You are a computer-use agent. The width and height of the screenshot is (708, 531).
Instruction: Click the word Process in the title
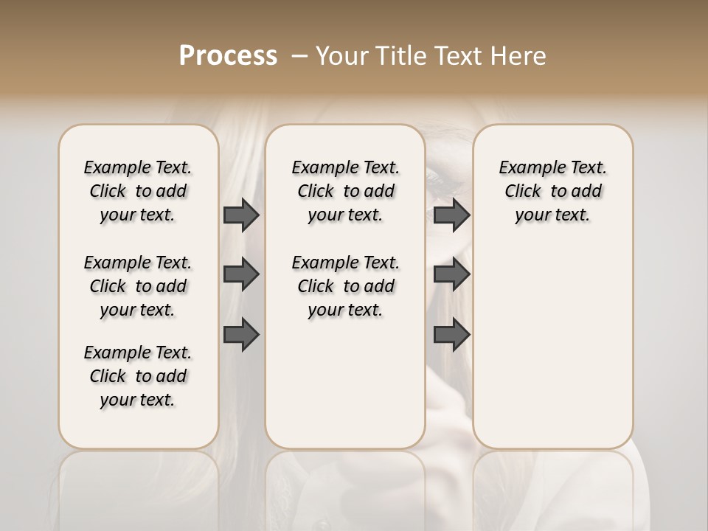coord(228,55)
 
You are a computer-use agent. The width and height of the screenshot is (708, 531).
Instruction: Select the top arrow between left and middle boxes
coord(241,215)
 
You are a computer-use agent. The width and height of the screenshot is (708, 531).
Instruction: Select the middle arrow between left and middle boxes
coord(241,274)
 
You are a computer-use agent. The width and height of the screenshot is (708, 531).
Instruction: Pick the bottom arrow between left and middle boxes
coord(241,334)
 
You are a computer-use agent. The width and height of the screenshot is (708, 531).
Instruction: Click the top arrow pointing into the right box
coord(451,215)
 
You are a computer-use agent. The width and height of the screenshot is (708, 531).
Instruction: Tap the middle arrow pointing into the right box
coord(451,274)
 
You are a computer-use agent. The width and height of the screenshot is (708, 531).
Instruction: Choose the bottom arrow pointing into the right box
coord(451,334)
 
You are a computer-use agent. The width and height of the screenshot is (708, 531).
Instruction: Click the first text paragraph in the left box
coord(138,191)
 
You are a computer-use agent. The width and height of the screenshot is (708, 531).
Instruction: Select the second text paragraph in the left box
coord(138,286)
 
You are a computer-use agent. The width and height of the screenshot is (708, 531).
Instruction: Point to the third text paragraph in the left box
coord(138,376)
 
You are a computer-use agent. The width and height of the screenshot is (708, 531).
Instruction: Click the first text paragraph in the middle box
coord(345,191)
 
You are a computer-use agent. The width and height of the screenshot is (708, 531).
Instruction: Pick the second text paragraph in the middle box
coord(345,286)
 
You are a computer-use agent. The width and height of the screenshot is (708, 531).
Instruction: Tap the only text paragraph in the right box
coord(552,191)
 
